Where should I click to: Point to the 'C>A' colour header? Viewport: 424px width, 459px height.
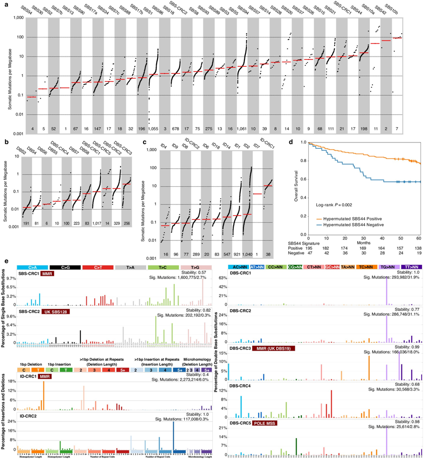point(32,267)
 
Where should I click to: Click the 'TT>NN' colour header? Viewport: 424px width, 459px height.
point(410,267)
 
